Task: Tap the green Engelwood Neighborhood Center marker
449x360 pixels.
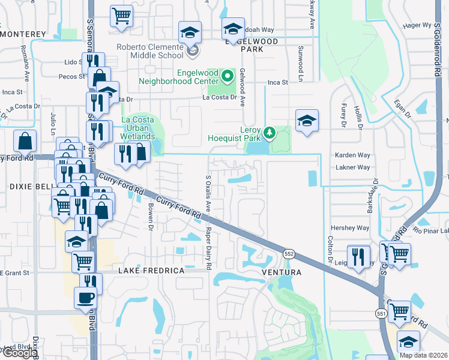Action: click(228, 76)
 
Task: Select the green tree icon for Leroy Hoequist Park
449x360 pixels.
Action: click(270, 131)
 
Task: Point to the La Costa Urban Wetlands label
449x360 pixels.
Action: click(142, 124)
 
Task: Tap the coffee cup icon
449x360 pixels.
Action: click(85, 296)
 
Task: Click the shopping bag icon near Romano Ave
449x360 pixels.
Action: click(26, 142)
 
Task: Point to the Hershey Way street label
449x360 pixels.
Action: click(350, 228)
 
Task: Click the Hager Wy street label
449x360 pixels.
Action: click(418, 25)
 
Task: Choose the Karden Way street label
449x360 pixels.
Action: click(352, 155)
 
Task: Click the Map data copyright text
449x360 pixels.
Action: click(423, 355)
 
